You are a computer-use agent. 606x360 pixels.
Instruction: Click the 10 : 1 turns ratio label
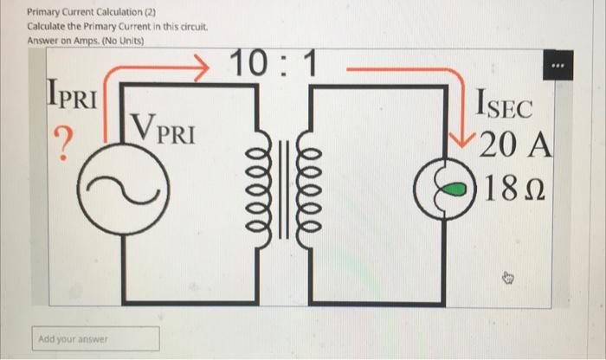coord(275,64)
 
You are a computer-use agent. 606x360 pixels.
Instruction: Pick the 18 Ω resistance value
coord(517,186)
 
